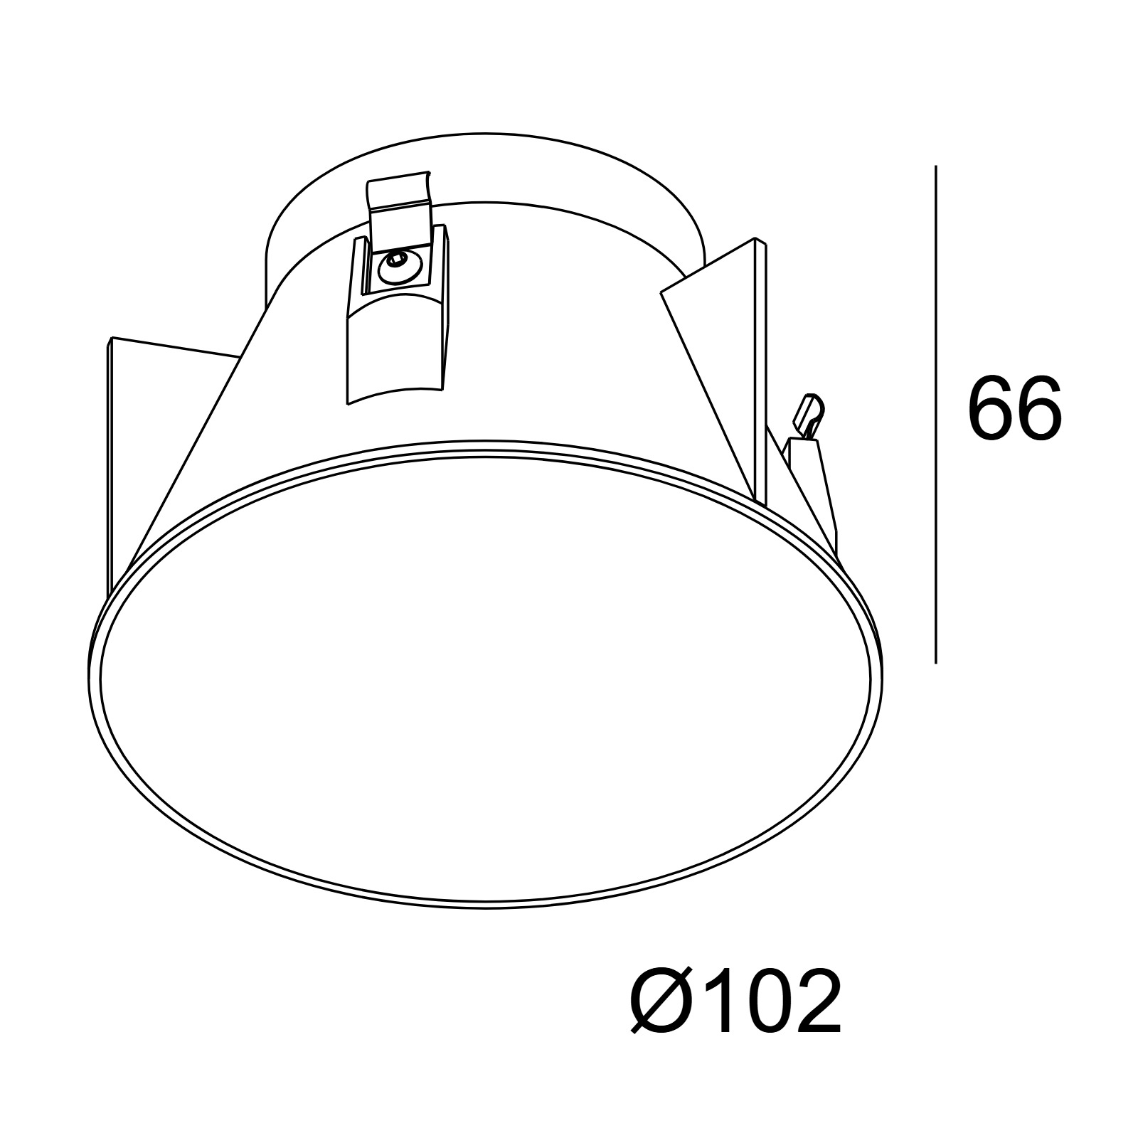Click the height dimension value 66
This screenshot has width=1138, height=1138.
[1015, 408]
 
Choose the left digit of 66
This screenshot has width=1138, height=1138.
[990, 408]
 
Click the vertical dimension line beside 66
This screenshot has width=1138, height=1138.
[935, 415]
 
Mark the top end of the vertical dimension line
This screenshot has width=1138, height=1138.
[935, 166]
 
